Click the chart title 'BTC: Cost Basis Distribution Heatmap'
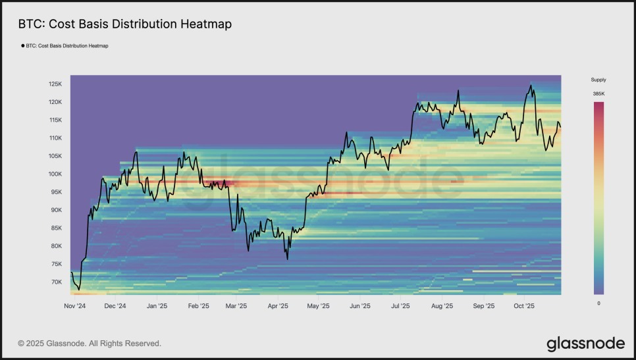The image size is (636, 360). [124, 24]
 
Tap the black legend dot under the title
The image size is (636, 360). [23, 46]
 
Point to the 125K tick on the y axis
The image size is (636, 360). [55, 84]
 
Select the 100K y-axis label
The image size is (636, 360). [55, 174]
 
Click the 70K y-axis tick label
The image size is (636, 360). [56, 282]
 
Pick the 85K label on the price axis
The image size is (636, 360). [56, 228]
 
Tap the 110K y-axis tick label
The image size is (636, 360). [55, 138]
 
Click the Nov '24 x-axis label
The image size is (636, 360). [76, 306]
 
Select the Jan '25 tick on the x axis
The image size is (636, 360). [157, 306]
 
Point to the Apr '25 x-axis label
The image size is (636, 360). [278, 306]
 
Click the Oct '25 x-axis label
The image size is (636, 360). [524, 306]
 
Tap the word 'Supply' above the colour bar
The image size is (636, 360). [598, 80]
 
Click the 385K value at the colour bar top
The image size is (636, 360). [598, 94]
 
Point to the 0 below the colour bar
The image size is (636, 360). [598, 303]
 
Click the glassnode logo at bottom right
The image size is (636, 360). [585, 343]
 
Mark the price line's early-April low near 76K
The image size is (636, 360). [288, 259]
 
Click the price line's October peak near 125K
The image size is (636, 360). [530, 85]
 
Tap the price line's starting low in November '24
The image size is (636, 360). [79, 290]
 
